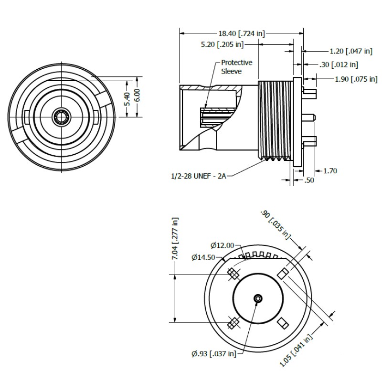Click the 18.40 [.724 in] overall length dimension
241,33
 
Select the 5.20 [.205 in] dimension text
223,45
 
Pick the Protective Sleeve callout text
236,67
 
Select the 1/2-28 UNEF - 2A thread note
197,176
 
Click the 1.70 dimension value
330,170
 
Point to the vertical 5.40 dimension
127,98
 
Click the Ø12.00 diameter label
222,245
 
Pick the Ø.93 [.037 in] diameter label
213,353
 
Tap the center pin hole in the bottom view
258,298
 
